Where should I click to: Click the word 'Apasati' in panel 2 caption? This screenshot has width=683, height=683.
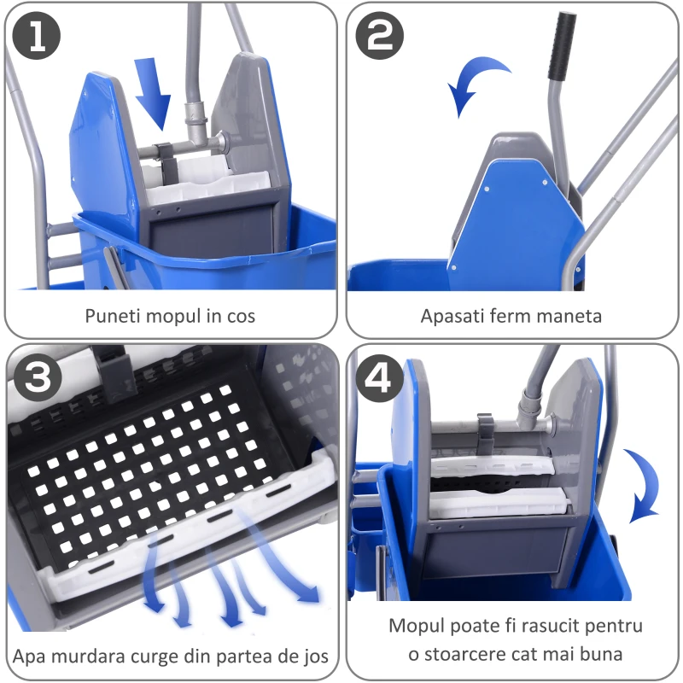coord(451,317)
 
